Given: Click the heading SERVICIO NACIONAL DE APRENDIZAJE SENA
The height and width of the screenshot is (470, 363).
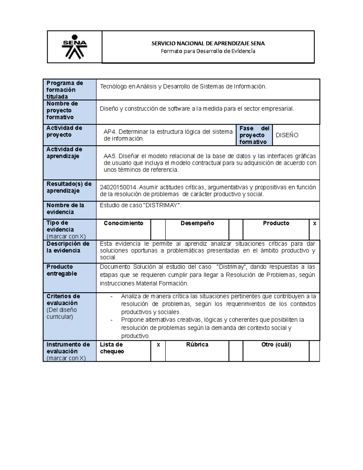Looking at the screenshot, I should (x=208, y=43).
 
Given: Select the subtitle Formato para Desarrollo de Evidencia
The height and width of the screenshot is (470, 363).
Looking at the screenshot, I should (x=208, y=51).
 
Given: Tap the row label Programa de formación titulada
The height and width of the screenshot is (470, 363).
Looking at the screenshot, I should (x=64, y=90).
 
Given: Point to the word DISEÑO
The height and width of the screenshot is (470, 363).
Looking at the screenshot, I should (x=287, y=135).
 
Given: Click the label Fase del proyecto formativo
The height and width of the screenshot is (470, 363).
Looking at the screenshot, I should (x=254, y=135).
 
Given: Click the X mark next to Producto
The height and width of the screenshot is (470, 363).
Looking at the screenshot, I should (x=315, y=224).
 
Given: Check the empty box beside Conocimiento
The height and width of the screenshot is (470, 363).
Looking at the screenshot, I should (x=158, y=229).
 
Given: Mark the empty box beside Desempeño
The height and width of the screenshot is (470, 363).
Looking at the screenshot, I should (x=236, y=229).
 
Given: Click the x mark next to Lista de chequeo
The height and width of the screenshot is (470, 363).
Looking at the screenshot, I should (x=158, y=345).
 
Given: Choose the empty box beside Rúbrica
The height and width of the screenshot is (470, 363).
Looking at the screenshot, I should (x=236, y=351).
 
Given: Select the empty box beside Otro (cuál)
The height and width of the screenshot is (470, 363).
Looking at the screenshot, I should (x=314, y=351).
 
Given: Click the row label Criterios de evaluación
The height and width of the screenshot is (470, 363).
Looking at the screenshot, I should (x=63, y=300).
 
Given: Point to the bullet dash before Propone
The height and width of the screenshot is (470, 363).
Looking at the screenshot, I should (x=111, y=320).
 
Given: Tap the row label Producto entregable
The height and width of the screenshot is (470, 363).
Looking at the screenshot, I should (x=62, y=270).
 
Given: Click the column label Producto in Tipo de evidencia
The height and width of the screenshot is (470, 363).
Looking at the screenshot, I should (x=276, y=223).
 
